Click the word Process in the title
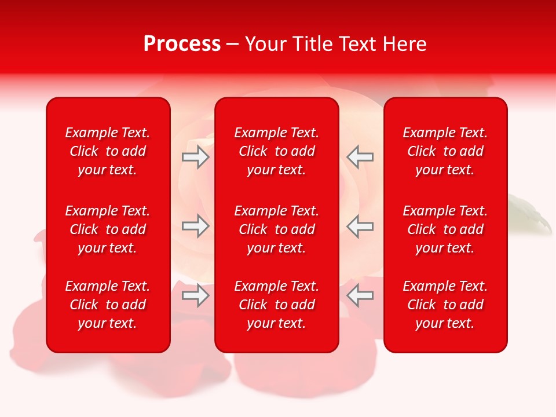pos(182,44)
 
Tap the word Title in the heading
pos(311,44)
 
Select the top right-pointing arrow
pos(195,157)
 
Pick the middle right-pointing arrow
pos(195,226)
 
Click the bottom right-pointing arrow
pos(195,295)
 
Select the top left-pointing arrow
pos(360,157)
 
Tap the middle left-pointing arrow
pos(360,226)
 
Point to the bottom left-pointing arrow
pos(360,295)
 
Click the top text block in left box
pos(108,151)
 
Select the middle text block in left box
pos(108,229)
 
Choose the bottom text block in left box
pos(108,305)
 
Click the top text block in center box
pos(276,151)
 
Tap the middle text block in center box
pos(276,229)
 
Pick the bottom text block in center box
pos(276,305)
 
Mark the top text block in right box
pos(445,151)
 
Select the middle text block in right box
pos(445,229)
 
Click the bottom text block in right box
pos(445,305)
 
